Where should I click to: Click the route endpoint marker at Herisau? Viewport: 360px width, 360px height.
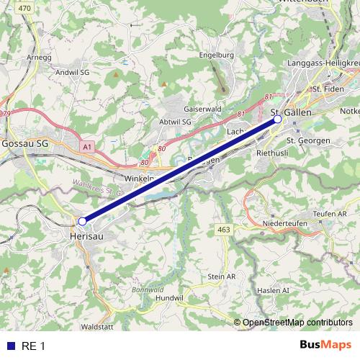point(82,221)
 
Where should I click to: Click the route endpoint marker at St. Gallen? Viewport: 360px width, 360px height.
point(277,120)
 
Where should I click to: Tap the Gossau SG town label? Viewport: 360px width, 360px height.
point(25,143)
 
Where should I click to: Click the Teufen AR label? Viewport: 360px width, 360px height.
point(330,214)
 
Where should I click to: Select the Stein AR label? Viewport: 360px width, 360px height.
point(221,276)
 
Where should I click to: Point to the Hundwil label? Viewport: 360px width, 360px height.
point(169,297)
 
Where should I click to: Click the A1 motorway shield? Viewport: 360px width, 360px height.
point(88,146)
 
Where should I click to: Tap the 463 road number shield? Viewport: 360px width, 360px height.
point(223,229)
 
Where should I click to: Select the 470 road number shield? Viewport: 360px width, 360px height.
point(25,7)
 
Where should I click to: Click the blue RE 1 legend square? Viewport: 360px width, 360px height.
point(11,346)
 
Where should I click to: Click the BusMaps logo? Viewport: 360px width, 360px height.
point(325,346)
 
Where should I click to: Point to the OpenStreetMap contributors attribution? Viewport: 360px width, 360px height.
point(297,323)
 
